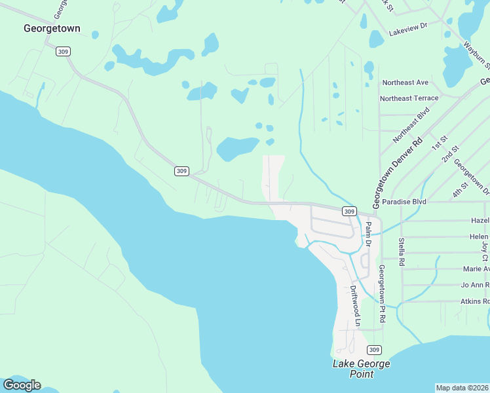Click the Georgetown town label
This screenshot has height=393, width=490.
tap(52, 28)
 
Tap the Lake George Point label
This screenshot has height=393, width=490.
tap(361, 369)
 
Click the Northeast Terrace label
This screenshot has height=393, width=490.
tap(409, 98)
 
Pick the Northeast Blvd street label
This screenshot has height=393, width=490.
tap(410, 126)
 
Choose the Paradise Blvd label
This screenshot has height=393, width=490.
tap(404, 202)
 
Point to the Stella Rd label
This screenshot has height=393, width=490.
tap(401, 252)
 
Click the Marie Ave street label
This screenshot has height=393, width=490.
tap(476, 269)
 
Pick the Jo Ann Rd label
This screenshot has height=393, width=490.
tap(475, 285)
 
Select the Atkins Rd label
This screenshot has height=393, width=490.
tap(475, 301)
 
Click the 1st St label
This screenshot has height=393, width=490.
tap(438, 143)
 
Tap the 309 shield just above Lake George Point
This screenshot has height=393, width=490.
tap(374, 349)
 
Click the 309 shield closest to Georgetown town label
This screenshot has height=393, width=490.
tap(63, 51)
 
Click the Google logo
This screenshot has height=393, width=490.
tap(22, 384)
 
